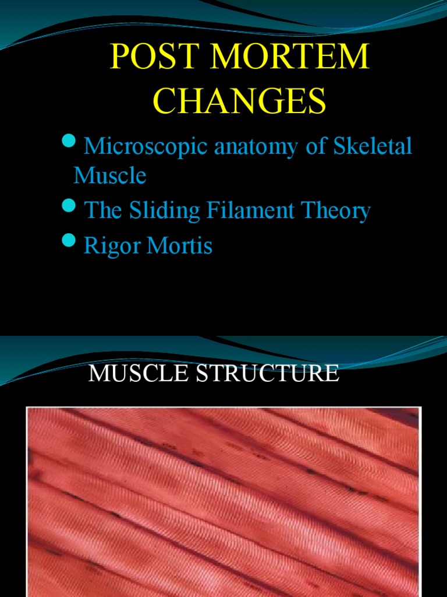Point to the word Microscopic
(146, 146)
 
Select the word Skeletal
(372, 146)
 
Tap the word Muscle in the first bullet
(109, 175)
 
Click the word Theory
(336, 211)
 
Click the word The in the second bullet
(102, 210)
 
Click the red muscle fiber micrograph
(223, 501)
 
